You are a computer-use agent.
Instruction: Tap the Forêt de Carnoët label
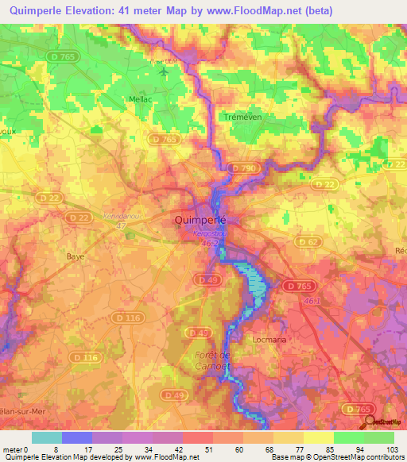213,360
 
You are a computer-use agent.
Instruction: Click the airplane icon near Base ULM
165,72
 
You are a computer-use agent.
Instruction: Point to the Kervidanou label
122,216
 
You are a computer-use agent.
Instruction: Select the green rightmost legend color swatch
380,437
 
